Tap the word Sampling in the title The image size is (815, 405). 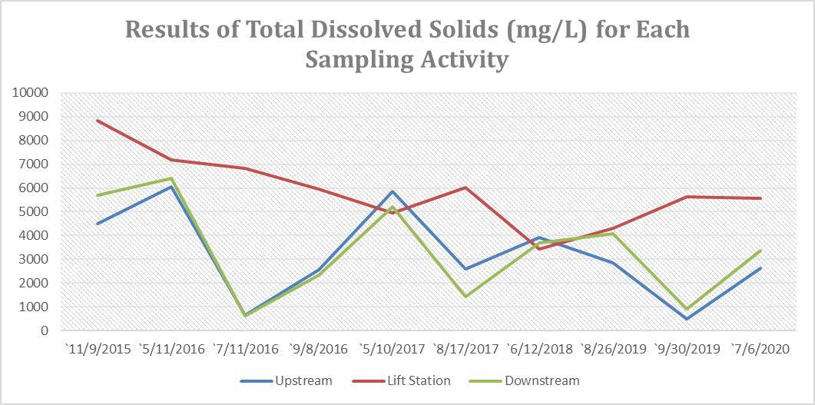[359, 59]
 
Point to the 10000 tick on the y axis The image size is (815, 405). [31, 93]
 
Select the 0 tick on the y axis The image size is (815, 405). [45, 330]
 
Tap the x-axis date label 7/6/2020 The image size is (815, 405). [760, 349]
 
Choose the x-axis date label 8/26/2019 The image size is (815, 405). [613, 349]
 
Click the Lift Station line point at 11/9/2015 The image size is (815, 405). [98, 121]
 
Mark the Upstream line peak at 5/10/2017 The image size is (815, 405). [393, 191]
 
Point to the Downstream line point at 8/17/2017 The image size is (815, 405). [466, 297]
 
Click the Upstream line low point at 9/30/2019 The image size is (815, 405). [687, 319]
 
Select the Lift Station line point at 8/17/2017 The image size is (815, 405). [466, 188]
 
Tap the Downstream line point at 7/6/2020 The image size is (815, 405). [760, 251]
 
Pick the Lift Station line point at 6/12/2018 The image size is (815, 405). [539, 249]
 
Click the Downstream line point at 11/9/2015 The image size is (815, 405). [98, 195]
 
